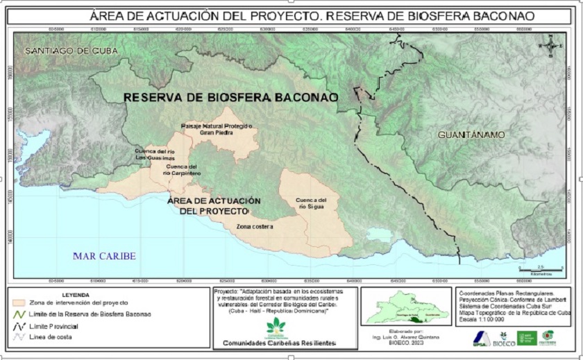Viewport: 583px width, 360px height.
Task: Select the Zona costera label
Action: [x=254, y=227]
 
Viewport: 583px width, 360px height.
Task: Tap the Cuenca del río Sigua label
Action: [x=310, y=202]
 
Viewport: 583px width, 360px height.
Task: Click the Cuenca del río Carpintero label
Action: [x=183, y=171]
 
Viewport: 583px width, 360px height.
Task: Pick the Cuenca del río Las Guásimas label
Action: [x=150, y=155]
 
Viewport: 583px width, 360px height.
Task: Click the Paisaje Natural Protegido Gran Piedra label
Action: [x=216, y=129]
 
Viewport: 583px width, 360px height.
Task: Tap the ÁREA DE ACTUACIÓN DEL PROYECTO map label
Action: [x=214, y=205]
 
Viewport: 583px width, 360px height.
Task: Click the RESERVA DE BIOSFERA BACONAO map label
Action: [x=230, y=98]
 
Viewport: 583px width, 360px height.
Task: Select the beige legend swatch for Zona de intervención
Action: [x=19, y=303]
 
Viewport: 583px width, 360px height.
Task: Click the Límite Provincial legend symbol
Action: [x=19, y=325]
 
